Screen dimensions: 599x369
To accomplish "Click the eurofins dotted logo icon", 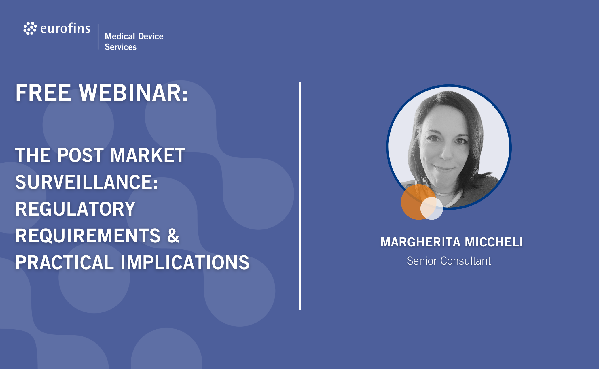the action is coord(30,28).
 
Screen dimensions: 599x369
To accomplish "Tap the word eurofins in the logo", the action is coord(65,28).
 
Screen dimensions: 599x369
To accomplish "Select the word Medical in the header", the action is coord(120,36).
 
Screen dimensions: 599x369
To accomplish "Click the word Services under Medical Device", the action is coord(121,47).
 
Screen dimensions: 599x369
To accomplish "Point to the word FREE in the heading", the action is coord(43,93).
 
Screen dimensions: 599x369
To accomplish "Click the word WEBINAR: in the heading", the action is coord(134,93).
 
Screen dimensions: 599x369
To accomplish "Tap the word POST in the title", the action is coord(80,155).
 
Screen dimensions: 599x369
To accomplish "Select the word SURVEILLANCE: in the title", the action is coord(86,182).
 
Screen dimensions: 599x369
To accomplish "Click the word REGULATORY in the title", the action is coord(75,209).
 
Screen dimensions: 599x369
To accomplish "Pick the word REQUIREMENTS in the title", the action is coord(88,236).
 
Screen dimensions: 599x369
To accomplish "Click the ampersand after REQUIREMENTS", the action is coord(173,236).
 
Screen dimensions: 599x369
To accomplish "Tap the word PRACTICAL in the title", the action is coord(65,263).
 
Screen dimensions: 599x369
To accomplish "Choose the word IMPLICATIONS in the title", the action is coord(185,263).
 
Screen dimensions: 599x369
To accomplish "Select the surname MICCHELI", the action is coord(494,242).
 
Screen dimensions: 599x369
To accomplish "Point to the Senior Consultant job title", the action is coord(449,261).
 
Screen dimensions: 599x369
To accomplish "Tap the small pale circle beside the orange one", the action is coord(432,208).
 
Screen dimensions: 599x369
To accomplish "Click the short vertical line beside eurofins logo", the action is coord(98,37).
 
